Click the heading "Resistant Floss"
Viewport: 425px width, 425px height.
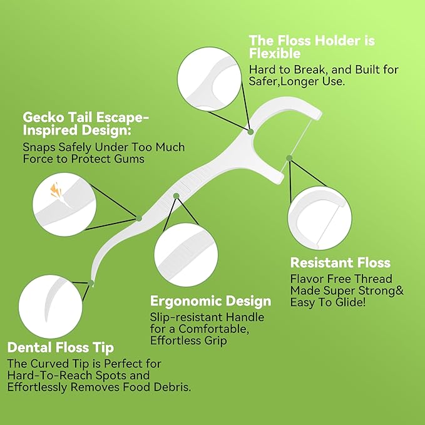point(340,262)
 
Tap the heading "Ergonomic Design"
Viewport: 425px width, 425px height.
point(210,301)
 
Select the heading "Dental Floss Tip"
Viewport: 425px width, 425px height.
point(61,347)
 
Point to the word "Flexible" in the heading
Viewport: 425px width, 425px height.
point(275,53)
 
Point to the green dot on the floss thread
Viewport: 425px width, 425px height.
point(289,158)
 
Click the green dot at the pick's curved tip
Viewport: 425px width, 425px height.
point(92,284)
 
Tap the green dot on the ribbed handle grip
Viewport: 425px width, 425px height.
point(177,196)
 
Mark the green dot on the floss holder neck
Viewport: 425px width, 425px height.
point(250,131)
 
